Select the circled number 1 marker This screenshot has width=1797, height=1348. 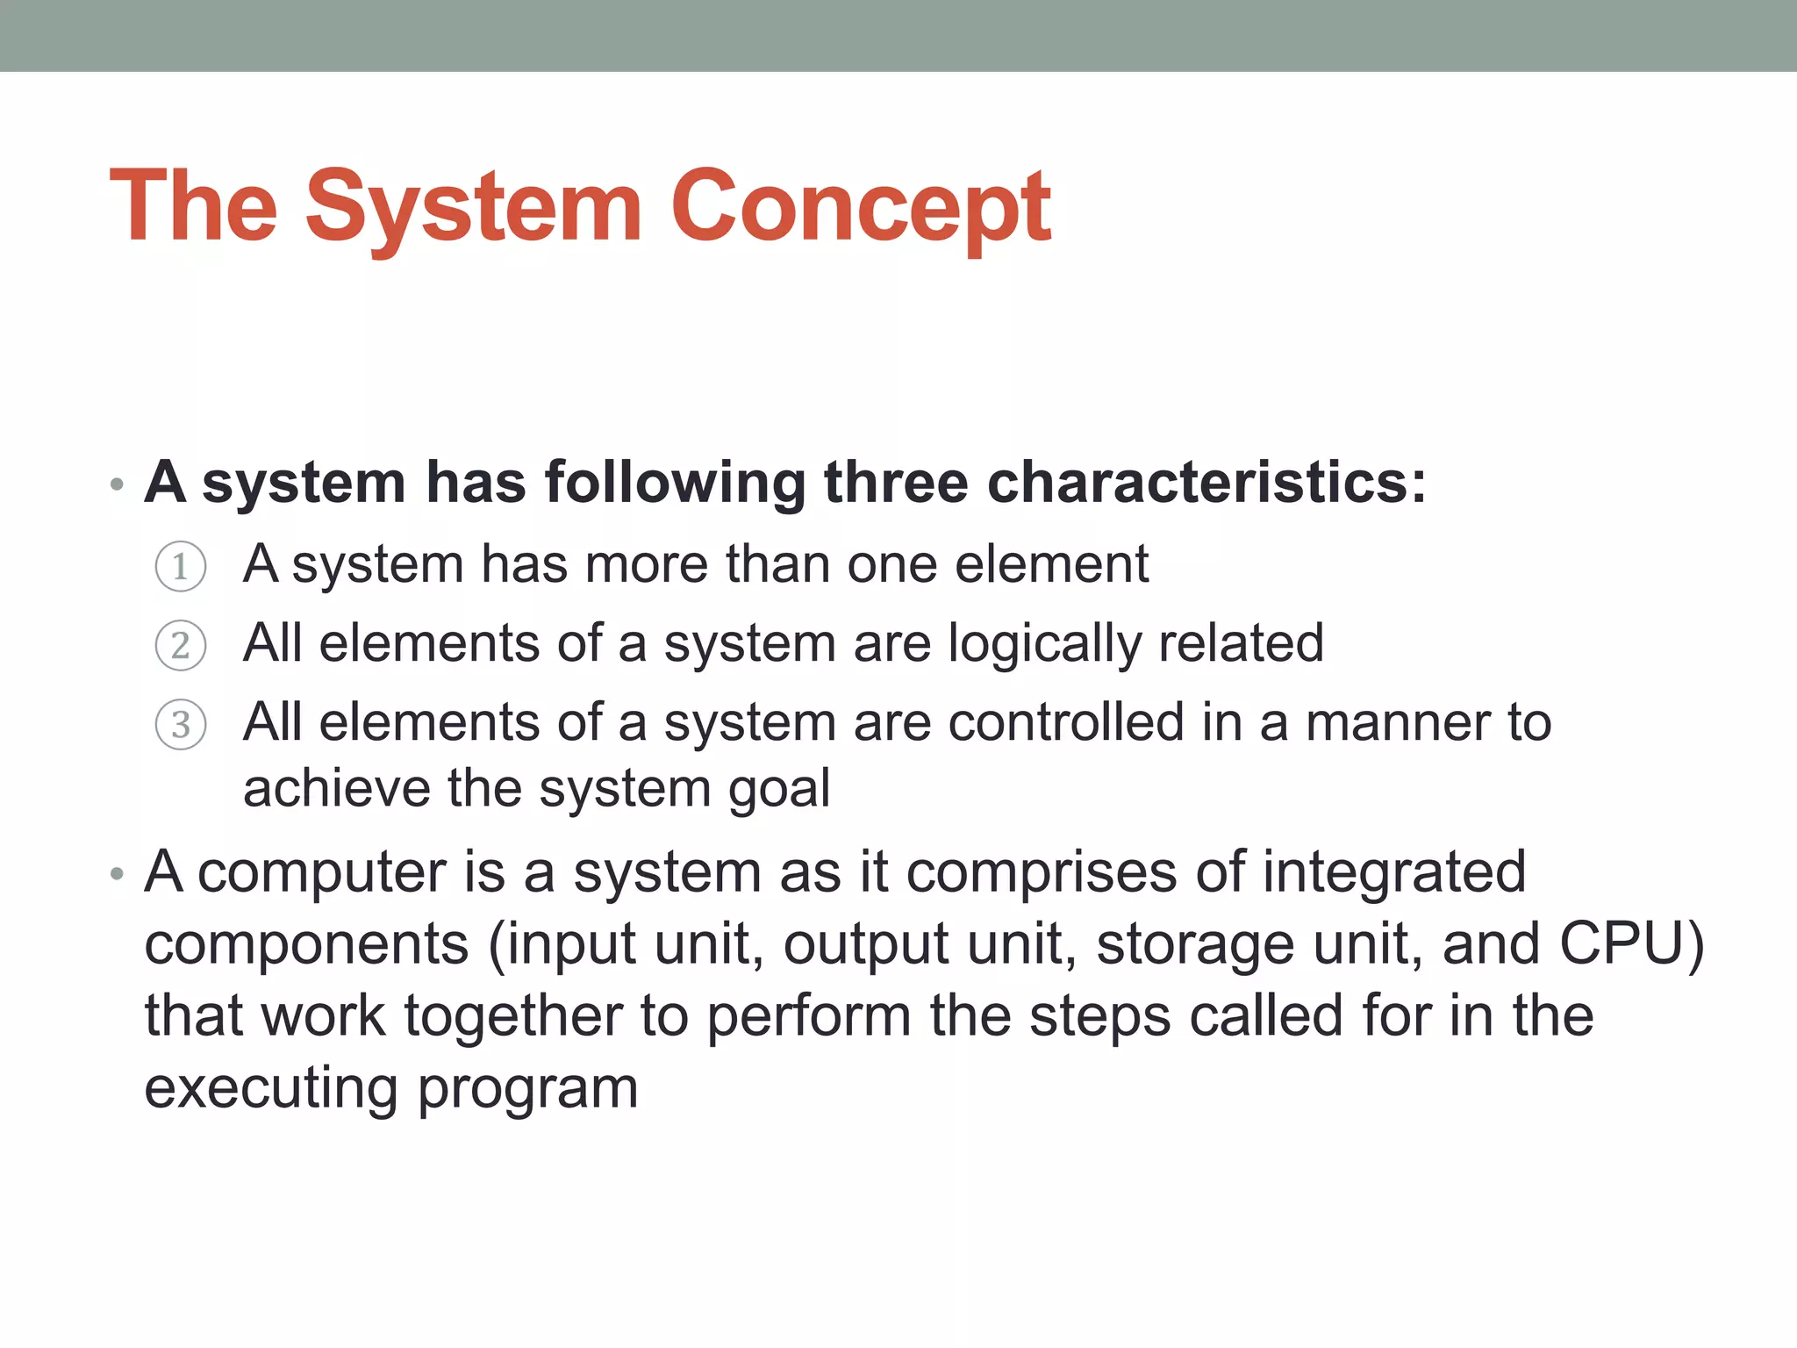(x=181, y=566)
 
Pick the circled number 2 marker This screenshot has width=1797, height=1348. (x=181, y=646)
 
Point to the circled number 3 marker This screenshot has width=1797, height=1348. (x=181, y=725)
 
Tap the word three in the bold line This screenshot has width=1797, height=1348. (x=895, y=483)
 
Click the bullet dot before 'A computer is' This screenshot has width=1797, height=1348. (x=117, y=874)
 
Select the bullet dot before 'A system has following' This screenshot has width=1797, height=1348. (x=117, y=484)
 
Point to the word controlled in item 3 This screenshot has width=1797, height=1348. (x=1066, y=723)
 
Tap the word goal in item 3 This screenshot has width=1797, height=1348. (x=779, y=790)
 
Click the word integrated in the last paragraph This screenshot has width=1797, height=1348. (x=1393, y=872)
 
